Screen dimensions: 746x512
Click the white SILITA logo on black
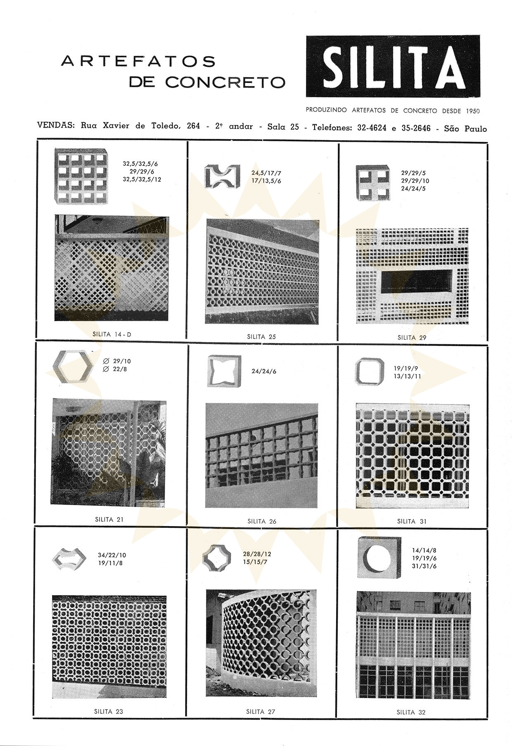(393, 66)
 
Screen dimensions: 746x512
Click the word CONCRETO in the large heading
(225, 82)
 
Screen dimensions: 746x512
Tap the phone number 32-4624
(372, 128)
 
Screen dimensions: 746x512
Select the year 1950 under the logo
(472, 111)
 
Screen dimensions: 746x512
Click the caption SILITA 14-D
(112, 334)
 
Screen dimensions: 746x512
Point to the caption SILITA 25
(261, 337)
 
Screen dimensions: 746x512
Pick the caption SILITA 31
(412, 521)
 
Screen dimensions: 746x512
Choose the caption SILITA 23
(109, 711)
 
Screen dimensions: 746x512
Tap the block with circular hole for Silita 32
(379, 558)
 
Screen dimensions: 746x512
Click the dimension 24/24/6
(264, 371)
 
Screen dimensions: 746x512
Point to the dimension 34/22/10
(112, 555)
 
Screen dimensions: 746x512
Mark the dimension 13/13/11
(407, 376)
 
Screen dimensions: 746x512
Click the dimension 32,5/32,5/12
(142, 179)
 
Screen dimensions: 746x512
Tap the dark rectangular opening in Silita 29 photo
(416, 283)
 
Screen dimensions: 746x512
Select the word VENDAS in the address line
(56, 125)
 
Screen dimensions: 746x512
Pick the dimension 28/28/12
(257, 554)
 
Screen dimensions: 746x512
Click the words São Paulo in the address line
(465, 129)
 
